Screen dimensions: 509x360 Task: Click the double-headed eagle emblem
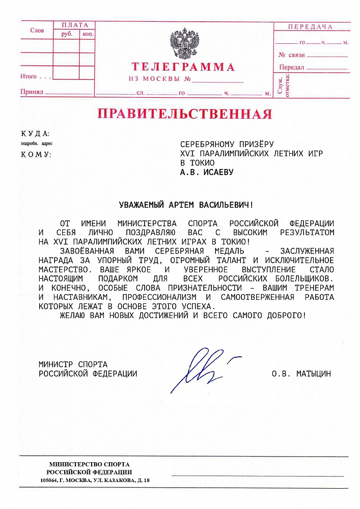point(184,44)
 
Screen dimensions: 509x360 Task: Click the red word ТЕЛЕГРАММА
point(183,67)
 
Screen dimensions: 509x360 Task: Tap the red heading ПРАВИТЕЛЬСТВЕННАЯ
point(184,113)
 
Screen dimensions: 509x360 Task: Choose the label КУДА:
point(35,134)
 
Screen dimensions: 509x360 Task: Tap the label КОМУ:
point(36,154)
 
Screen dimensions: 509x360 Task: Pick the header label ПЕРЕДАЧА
point(310,26)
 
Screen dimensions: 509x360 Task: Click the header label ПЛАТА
point(74,25)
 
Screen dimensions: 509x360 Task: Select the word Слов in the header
point(37,31)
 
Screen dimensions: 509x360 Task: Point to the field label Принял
point(31,92)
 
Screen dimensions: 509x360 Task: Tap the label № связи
point(292,54)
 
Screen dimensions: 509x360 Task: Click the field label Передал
point(291,67)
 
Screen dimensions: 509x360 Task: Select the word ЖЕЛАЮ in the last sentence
point(72,316)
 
